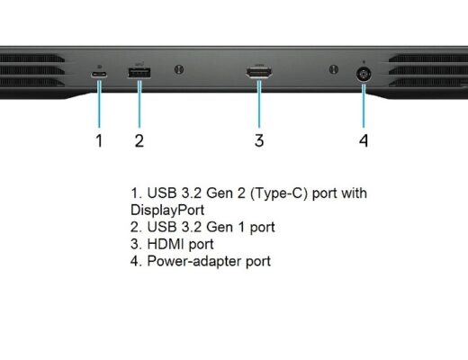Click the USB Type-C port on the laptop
pos(99,75)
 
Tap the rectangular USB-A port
pos(139,73)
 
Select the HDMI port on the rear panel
pos(259,73)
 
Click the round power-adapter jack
pos(364,75)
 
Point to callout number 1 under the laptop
pos(99,140)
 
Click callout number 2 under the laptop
pos(139,140)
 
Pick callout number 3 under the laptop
pos(259,140)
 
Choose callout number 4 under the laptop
pos(364,140)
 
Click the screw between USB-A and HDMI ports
pos(179,69)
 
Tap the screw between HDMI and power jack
pos(334,69)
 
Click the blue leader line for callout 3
pos(259,103)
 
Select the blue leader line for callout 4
pos(364,106)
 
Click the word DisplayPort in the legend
pos(167,210)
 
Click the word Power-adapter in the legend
pos(194,261)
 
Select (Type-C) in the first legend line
pos(279,193)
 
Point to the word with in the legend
pos(354,193)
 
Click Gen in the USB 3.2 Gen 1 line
pos(220,227)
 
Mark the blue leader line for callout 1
pos(99,103)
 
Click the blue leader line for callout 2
pos(139,103)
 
